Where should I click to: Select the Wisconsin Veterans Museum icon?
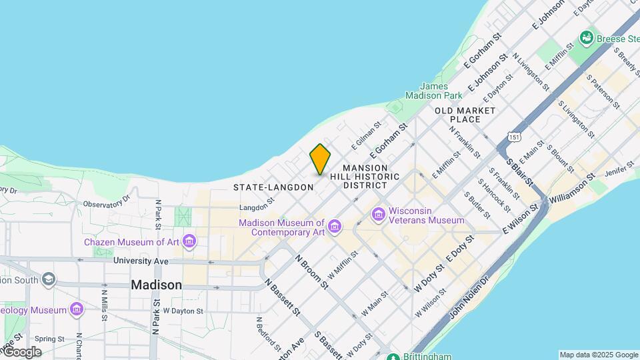(379, 214)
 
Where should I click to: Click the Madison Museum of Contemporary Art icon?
(334, 228)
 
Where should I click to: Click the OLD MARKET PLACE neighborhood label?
(465, 115)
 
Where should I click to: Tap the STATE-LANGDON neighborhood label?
(273, 187)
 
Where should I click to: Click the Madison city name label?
(156, 285)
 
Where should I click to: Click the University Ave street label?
(141, 261)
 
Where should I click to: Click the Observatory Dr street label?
(106, 201)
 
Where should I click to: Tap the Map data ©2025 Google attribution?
(598, 355)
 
